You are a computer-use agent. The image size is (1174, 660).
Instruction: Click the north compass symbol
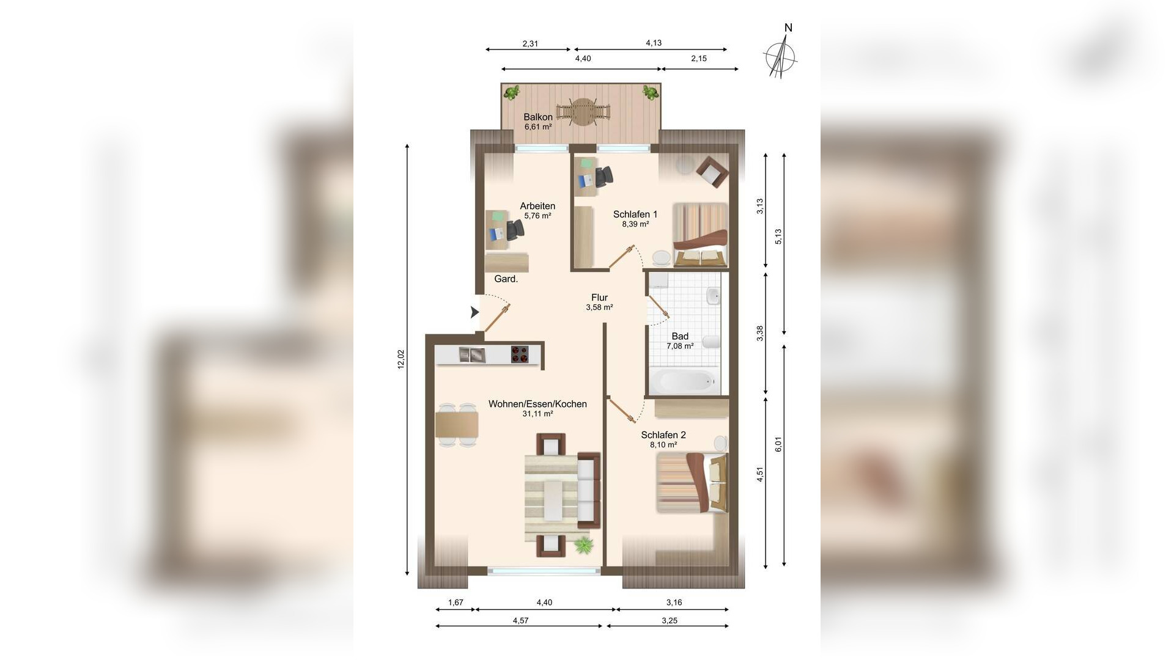(781, 54)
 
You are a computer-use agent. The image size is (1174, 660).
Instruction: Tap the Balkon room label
(538, 117)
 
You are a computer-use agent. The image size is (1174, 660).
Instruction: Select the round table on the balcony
(583, 112)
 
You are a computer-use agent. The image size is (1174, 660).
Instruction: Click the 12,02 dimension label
(401, 359)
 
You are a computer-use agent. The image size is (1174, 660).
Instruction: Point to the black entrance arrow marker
(474, 312)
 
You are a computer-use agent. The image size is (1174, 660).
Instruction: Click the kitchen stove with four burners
(520, 355)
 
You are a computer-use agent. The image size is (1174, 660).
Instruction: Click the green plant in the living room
(584, 544)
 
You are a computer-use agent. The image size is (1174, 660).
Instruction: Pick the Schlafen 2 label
(663, 435)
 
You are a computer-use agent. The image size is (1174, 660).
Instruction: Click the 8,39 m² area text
(635, 224)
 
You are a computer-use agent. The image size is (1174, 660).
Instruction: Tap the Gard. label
(506, 279)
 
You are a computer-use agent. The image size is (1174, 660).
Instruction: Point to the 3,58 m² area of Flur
(599, 307)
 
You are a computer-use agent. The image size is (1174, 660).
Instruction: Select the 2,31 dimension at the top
(530, 43)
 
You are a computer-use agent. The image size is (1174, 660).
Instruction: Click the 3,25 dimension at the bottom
(670, 620)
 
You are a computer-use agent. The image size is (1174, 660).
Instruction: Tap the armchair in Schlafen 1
(712, 170)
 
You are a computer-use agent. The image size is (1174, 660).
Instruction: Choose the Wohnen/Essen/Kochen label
(537, 404)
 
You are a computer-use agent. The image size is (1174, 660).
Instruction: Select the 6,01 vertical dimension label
(778, 445)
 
